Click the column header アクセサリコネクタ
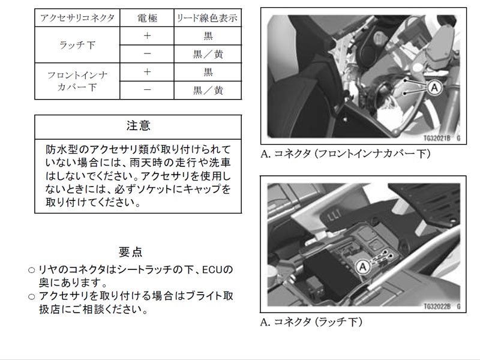point(77,18)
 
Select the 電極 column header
point(147,18)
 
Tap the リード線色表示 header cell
point(207,18)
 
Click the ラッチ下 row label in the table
point(77,45)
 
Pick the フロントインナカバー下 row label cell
point(77,81)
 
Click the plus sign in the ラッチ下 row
point(147,36)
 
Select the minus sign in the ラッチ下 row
point(147,54)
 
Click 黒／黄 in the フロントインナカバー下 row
point(208,91)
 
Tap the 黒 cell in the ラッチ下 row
point(208,36)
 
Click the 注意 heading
point(139,126)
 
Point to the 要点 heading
point(130,252)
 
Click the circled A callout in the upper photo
point(434,88)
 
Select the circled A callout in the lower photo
point(363,266)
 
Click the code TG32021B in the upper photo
point(437,139)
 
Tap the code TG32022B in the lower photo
point(437,307)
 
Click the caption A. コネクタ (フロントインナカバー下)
point(346,154)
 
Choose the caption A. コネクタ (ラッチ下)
point(311,322)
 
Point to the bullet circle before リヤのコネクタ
point(32,271)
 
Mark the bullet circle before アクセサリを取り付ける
point(32,296)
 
